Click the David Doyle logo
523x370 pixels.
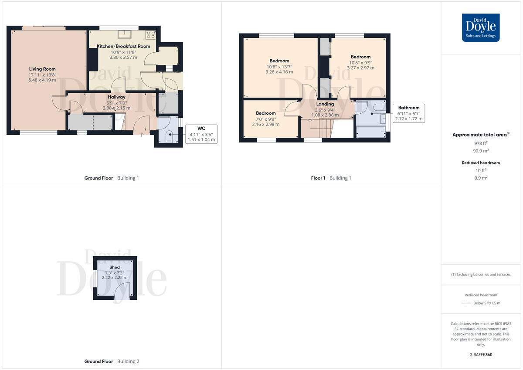coord(481,27)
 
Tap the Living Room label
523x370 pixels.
coord(42,69)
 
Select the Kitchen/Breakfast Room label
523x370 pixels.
coord(123,46)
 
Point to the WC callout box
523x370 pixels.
coord(201,134)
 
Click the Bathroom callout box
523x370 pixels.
coord(408,113)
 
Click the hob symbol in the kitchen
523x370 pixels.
coord(151,34)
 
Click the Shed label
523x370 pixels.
coord(115,267)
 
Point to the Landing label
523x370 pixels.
coord(325,104)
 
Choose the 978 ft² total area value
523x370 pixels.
coord(481,143)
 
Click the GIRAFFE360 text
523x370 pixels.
coord(481,355)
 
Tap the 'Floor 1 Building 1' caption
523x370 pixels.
coord(331,178)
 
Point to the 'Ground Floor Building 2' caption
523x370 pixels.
coord(112,361)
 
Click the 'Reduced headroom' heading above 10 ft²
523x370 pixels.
coord(481,163)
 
